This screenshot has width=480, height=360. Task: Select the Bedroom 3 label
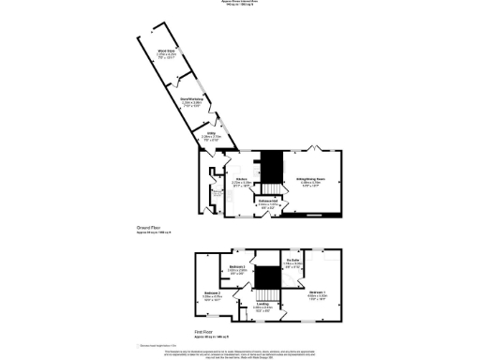238,268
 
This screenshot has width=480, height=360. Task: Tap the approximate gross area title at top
239,3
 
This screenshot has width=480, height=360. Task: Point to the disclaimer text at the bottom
239,352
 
